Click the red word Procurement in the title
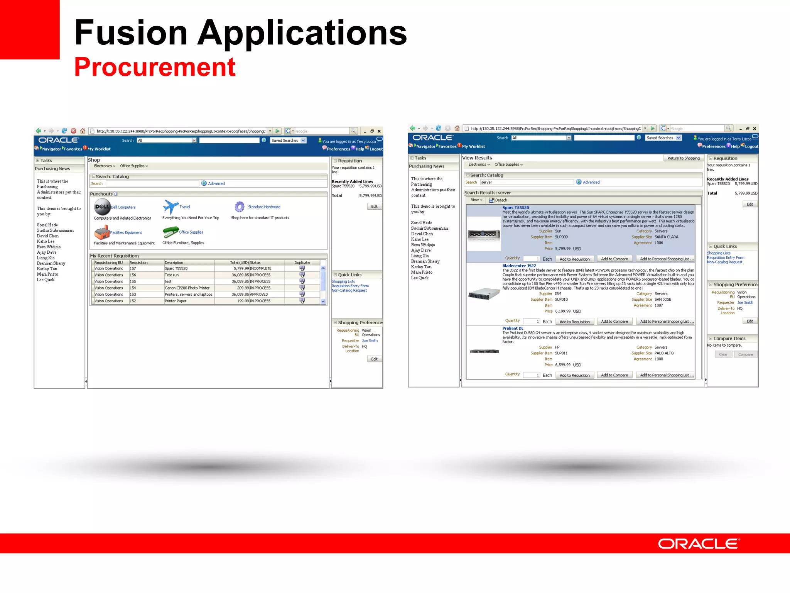(154, 67)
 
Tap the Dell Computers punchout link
(123, 207)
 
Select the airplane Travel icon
(170, 207)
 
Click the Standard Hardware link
(264, 207)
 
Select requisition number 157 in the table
(133, 268)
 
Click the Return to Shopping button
(683, 158)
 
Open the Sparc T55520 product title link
(515, 208)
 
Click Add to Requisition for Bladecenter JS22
(574, 322)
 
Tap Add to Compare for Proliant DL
(614, 375)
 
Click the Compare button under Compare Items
(745, 354)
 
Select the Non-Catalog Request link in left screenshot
(349, 291)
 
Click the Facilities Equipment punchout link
(126, 232)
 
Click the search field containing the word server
(527, 182)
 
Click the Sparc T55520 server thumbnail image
(484, 234)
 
